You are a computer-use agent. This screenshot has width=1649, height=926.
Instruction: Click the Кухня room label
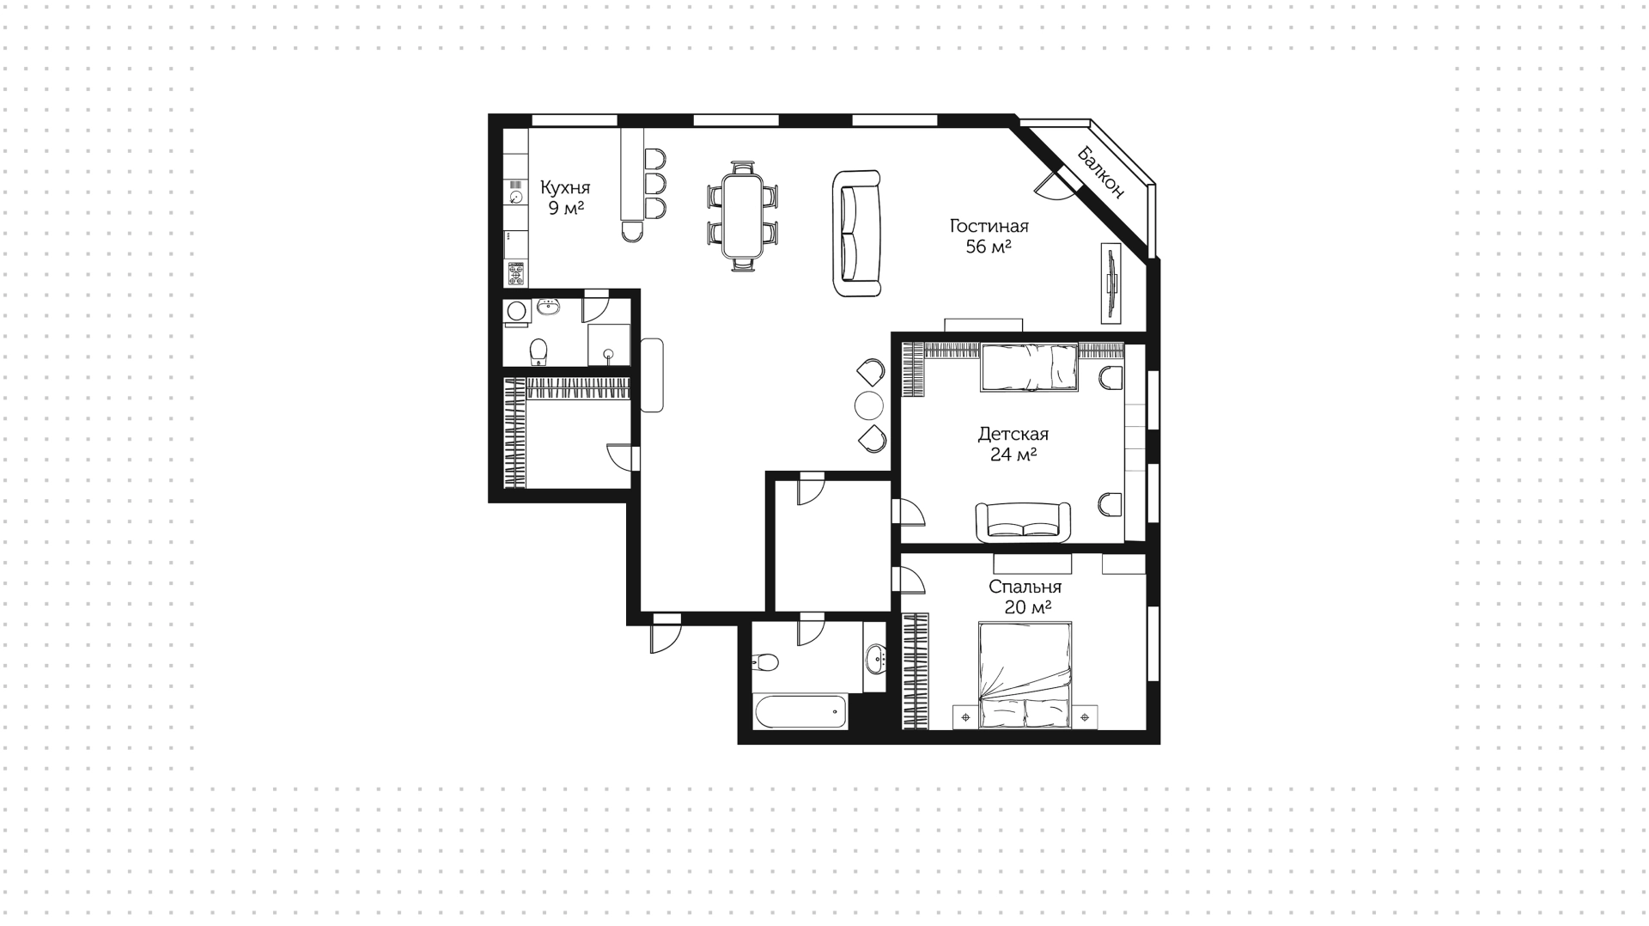pyautogui.click(x=564, y=187)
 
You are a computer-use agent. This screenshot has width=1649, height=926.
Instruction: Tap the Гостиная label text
pyautogui.click(x=989, y=226)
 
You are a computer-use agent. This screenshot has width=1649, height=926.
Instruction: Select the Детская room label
pyautogui.click(x=1013, y=434)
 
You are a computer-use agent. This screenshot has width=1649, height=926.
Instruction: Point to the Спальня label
pyautogui.click(x=1025, y=587)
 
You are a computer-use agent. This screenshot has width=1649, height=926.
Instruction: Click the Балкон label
pyautogui.click(x=1101, y=172)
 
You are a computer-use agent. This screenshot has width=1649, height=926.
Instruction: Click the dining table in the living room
pyautogui.click(x=743, y=216)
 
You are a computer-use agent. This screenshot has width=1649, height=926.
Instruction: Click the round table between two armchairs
pyautogui.click(x=869, y=405)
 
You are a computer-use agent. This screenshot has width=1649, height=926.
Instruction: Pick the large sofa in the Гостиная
pyautogui.click(x=857, y=234)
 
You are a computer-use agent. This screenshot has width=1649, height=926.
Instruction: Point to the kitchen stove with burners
pyautogui.click(x=516, y=274)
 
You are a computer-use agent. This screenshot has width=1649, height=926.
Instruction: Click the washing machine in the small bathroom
pyautogui.click(x=516, y=311)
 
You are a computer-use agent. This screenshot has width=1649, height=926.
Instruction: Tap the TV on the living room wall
pyautogui.click(x=1112, y=283)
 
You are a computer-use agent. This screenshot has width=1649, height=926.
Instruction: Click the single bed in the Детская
pyautogui.click(x=1029, y=368)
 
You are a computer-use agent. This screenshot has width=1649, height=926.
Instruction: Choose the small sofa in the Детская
pyautogui.click(x=1024, y=522)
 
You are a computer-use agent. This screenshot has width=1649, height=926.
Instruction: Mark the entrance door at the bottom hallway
pyautogui.click(x=666, y=634)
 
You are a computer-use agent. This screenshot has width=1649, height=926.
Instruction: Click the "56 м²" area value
pyautogui.click(x=989, y=247)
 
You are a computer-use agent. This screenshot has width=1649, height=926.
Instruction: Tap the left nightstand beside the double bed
pyautogui.click(x=965, y=716)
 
